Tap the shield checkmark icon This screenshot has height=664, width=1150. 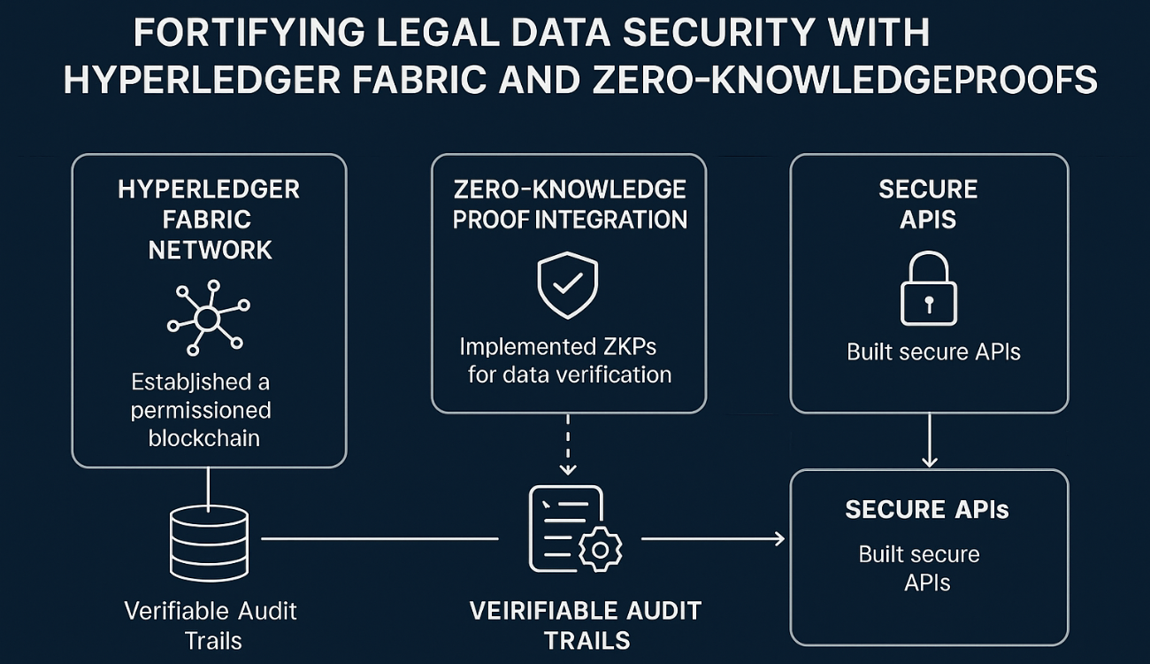[568, 284]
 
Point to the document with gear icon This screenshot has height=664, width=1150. [573, 530]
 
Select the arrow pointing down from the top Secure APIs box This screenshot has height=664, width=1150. [929, 440]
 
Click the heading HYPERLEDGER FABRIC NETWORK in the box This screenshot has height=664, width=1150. [209, 220]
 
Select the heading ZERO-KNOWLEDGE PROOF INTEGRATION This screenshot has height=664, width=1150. [569, 205]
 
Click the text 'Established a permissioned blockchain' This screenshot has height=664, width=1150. [203, 410]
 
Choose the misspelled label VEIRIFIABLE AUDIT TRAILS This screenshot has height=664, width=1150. [585, 624]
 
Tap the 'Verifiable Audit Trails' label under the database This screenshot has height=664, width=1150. [211, 624]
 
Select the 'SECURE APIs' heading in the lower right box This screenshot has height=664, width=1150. [927, 509]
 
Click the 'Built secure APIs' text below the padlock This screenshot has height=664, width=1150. [933, 351]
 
